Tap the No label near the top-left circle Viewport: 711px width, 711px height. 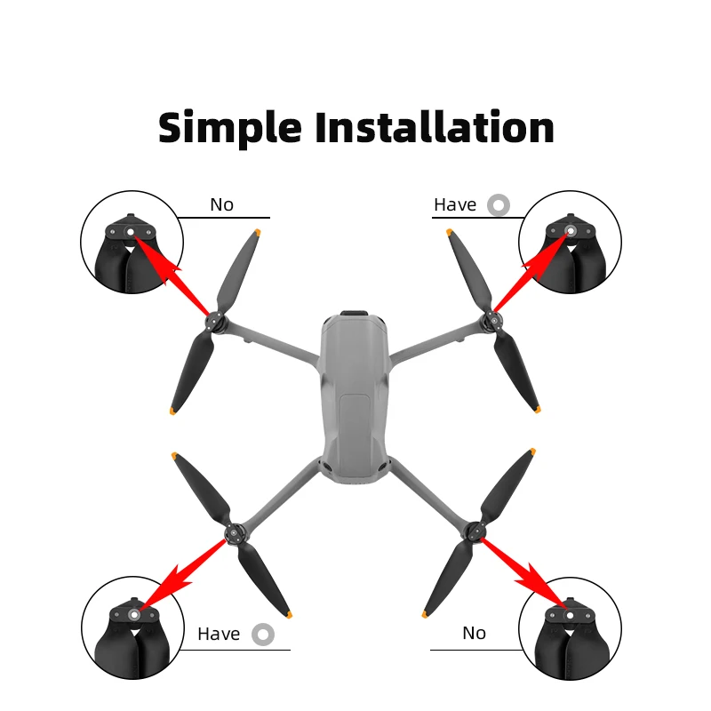click(221, 205)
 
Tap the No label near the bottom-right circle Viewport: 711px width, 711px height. click(474, 633)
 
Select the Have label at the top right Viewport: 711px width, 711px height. click(455, 205)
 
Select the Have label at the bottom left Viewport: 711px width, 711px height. click(219, 634)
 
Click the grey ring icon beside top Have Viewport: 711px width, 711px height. click(499, 205)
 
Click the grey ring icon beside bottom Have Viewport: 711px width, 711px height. click(262, 634)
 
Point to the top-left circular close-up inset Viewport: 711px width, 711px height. click(132, 242)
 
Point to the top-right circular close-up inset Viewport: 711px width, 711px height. click(570, 242)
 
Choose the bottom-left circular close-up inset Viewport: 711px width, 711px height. click(132, 627)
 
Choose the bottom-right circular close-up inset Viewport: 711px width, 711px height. click(570, 627)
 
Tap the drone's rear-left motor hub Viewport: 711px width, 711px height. click(234, 533)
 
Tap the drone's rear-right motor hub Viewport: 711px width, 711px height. click(474, 533)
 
